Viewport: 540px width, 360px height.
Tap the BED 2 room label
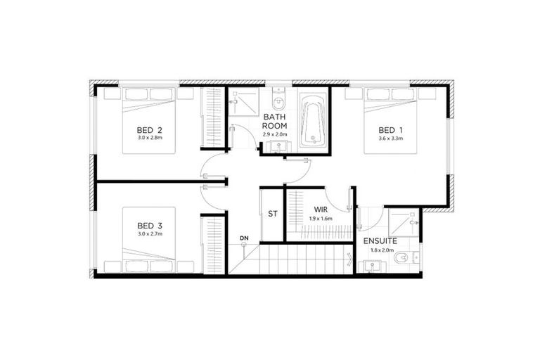point(150,130)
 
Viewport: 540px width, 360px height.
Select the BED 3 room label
point(150,226)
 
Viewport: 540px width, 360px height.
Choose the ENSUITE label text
point(380,240)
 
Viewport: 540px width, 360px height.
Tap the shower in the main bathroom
point(243,102)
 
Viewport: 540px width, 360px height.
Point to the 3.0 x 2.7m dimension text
point(150,234)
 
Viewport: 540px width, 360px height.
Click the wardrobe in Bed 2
point(212,117)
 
